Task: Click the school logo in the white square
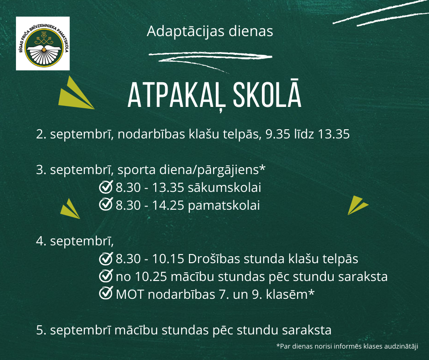pyautogui.click(x=43, y=43)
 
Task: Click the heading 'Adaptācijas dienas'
pyautogui.click(x=210, y=31)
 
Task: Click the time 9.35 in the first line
pyautogui.click(x=277, y=134)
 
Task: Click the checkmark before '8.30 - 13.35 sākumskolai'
pyautogui.click(x=106, y=187)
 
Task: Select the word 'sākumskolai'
pyautogui.click(x=225, y=188)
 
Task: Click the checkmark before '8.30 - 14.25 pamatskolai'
pyautogui.click(x=106, y=204)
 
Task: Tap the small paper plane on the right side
pyautogui.click(x=357, y=205)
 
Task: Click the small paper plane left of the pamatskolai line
pyautogui.click(x=70, y=209)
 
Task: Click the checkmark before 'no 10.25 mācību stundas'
pyautogui.click(x=106, y=275)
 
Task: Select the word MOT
pyautogui.click(x=130, y=295)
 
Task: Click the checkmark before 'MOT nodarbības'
pyautogui.click(x=106, y=293)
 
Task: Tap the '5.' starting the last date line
pyautogui.click(x=41, y=330)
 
